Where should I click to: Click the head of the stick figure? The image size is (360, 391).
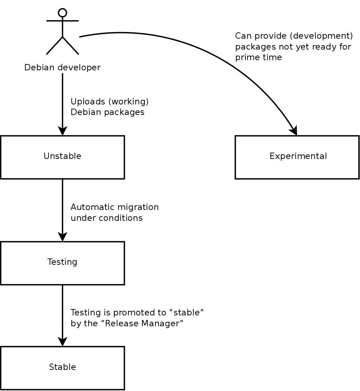pos(63,13)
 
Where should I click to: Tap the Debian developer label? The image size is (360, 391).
pos(62,68)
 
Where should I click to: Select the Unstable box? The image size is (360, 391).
pos(62,157)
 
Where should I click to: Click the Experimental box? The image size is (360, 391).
pos(297,157)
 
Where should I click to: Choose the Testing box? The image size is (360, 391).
pos(62,263)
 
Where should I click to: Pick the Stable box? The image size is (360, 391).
pos(62,368)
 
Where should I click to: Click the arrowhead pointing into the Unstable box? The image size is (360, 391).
pos(63,131)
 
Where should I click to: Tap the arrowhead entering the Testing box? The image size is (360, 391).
pos(63,237)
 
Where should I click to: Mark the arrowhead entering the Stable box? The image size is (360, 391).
pos(63,342)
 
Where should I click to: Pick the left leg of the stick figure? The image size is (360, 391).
pos(54,46)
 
